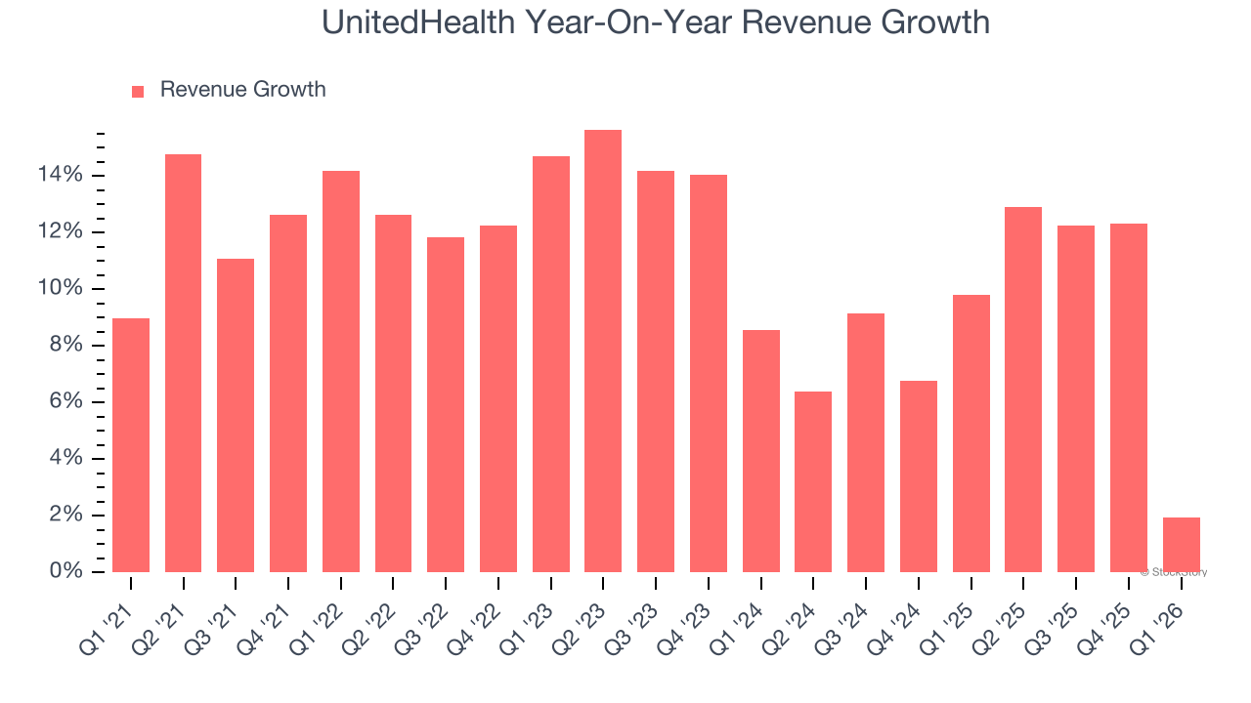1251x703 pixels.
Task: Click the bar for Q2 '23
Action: click(x=603, y=351)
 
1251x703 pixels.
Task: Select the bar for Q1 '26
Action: click(x=1181, y=545)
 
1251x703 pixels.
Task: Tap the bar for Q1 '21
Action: click(x=131, y=445)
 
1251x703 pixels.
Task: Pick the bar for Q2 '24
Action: click(x=813, y=482)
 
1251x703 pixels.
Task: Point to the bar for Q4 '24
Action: click(x=918, y=476)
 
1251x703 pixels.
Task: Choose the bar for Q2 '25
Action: click(x=1023, y=390)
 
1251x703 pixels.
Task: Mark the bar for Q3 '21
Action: click(x=236, y=416)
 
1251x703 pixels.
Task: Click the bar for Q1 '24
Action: click(x=760, y=451)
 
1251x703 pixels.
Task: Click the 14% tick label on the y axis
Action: click(x=60, y=176)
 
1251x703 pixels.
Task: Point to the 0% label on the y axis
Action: click(x=65, y=571)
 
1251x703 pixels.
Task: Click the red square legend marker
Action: click(x=138, y=91)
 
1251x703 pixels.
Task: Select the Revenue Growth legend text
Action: click(x=242, y=90)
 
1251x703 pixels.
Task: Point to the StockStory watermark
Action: click(x=1174, y=572)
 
